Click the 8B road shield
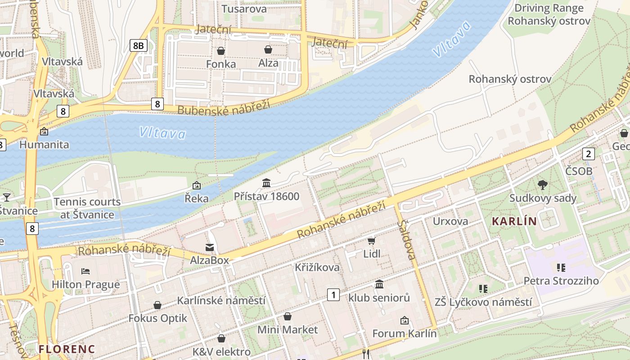139,45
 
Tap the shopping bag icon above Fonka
221,51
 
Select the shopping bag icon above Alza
268,49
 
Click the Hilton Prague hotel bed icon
85,271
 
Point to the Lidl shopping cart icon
371,241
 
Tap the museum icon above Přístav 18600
266,183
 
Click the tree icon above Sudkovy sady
543,184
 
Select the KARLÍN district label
514,221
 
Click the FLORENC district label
67,349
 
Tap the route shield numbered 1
333,295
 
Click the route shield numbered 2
589,154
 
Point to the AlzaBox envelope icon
210,247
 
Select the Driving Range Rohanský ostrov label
549,14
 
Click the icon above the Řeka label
197,185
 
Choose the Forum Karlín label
404,333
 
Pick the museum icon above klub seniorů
379,284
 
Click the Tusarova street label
244,9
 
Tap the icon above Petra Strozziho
561,268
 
